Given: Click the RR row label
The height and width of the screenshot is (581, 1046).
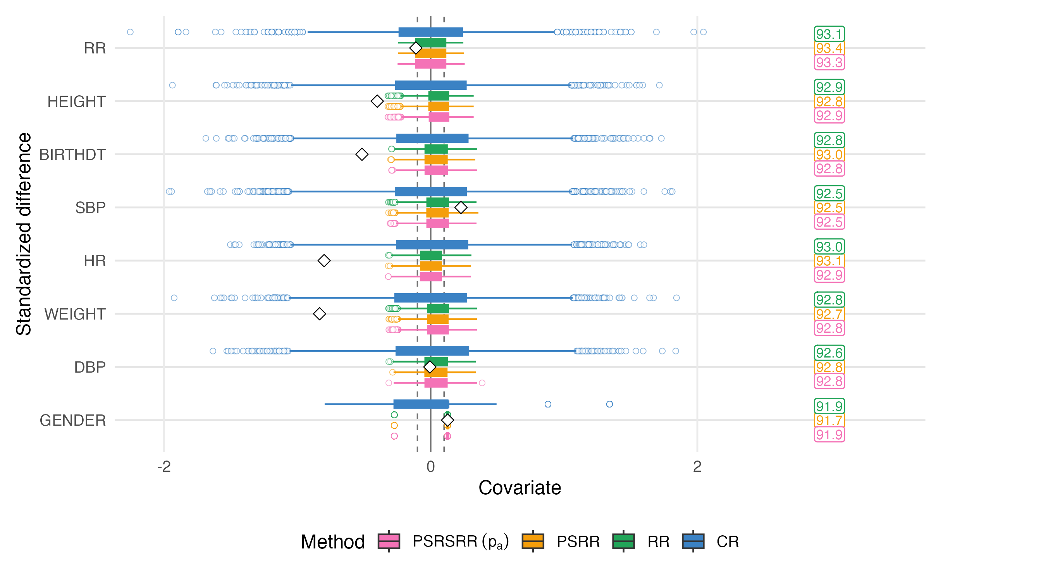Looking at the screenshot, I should coord(95,48).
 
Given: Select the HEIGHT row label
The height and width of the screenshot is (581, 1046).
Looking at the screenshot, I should coord(76,101).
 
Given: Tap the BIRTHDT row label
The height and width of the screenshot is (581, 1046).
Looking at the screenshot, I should coord(72,155).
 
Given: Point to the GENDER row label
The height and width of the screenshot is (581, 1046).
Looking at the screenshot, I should coord(73,420).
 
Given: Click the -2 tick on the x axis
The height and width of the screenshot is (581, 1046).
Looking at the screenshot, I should coord(163,467).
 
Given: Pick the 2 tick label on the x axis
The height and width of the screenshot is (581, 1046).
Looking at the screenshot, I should coord(697,467).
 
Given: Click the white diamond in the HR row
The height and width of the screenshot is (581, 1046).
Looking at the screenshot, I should coord(323,261).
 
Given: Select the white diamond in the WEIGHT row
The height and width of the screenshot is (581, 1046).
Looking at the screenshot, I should coord(320,314).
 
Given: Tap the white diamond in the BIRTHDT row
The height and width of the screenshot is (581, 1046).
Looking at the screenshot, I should coord(362,154).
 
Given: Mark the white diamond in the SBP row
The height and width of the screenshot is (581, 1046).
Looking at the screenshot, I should coord(461,208).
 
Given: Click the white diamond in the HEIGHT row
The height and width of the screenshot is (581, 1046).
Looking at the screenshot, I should coord(377,101).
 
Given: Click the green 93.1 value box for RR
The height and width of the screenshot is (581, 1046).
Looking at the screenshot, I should coord(829,34).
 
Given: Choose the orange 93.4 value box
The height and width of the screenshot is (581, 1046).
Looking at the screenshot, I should coord(829,48).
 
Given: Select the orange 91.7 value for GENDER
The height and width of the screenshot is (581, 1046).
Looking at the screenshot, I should coord(829,420).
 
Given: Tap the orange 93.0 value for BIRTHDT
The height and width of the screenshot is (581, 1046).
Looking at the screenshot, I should coord(829,155).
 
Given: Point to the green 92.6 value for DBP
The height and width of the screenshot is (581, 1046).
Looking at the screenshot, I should coord(829,353).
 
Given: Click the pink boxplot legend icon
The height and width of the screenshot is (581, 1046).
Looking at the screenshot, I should coord(389,541).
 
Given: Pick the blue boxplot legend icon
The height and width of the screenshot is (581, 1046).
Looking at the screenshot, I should coord(693,541).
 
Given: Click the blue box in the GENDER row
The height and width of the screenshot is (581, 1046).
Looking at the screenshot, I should coord(421,404).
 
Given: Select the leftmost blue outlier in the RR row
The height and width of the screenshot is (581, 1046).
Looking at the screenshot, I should coord(130,32).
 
